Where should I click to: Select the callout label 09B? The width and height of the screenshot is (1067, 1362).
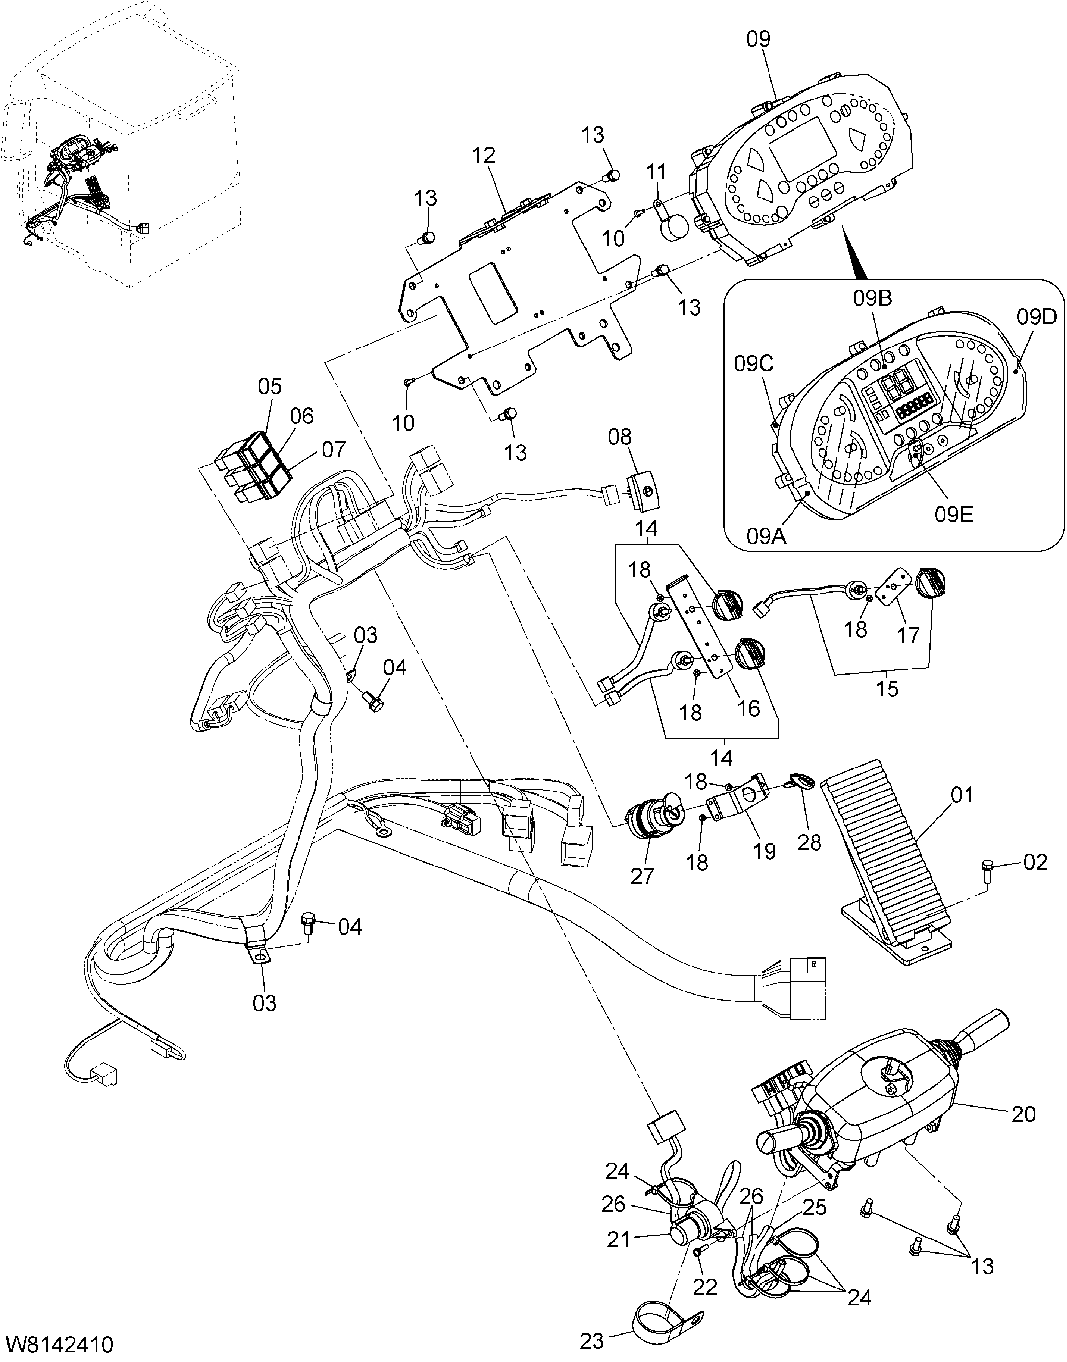pos(873,299)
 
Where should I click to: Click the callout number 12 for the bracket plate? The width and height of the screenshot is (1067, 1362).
pos(484,155)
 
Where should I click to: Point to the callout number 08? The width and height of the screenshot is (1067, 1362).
pos(620,437)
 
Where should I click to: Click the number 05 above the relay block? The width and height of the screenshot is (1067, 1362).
pos(270,386)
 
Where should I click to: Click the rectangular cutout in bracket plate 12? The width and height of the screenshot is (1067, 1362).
pos(494,293)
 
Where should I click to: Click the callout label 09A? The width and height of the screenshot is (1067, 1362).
pos(767,537)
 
